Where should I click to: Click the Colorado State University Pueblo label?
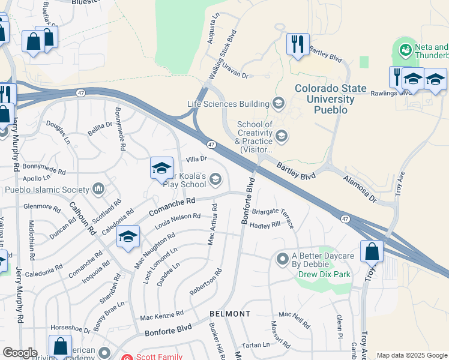[331, 99]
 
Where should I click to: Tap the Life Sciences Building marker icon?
[278, 104]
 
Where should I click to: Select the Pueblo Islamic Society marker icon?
[98, 190]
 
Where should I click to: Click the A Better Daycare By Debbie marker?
[283, 259]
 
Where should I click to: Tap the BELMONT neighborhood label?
[230, 314]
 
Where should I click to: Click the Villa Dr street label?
[196, 159]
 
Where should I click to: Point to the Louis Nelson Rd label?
[177, 220]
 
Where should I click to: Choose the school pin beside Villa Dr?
[161, 170]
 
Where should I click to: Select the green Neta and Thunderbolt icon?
[406, 49]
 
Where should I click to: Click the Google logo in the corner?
[20, 352]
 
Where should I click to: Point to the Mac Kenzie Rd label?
[161, 315]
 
